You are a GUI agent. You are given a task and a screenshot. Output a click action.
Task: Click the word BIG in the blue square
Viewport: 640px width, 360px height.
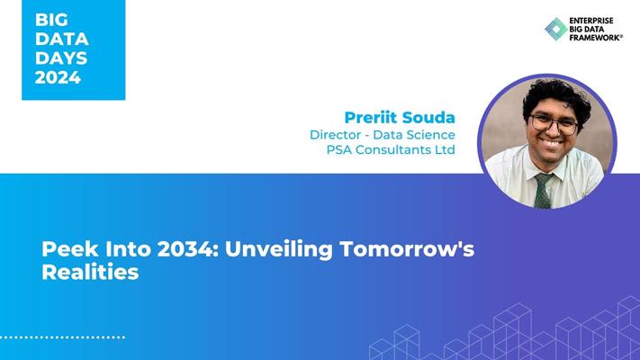51,20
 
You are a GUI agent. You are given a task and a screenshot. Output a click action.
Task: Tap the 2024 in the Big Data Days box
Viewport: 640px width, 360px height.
58,77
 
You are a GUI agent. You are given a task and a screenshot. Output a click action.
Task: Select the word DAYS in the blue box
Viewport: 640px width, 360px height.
61,58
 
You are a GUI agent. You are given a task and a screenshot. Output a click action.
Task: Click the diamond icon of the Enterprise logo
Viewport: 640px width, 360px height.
556,29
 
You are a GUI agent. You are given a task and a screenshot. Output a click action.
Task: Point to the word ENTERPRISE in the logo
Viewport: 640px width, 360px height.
591,21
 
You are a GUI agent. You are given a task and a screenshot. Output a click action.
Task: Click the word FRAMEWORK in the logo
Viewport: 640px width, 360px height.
595,37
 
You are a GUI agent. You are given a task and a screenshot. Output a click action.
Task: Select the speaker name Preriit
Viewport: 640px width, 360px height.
371,118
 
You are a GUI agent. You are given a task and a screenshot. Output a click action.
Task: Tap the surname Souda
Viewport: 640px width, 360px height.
428,118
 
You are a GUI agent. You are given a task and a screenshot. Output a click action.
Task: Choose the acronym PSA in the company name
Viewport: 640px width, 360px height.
338,149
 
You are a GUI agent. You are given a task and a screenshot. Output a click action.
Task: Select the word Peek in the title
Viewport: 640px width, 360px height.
70,249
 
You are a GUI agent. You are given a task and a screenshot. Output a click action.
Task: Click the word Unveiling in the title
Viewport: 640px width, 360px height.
279,250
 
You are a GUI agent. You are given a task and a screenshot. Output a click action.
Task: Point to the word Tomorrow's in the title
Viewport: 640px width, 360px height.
407,249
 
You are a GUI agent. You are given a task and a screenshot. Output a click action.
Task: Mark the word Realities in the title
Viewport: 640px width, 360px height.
90,272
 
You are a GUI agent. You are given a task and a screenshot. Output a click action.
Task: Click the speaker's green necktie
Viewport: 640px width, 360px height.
543,191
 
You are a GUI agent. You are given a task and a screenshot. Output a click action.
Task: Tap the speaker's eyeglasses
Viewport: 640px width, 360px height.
554,123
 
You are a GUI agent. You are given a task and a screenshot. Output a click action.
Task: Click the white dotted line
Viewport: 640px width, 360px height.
62,337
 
